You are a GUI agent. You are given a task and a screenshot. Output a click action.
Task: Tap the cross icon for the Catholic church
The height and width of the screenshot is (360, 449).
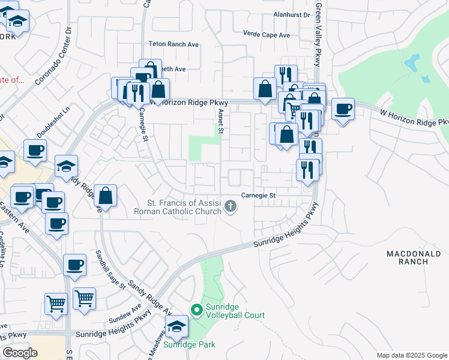pyautogui.click(x=230, y=208)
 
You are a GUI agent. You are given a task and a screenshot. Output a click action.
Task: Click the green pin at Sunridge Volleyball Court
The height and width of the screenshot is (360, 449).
pyautogui.click(x=196, y=310)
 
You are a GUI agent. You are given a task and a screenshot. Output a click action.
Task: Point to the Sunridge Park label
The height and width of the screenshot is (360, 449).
pyautogui.click(x=189, y=344)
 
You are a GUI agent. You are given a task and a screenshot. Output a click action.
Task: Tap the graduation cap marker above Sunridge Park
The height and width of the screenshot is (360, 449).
pyautogui.click(x=177, y=327)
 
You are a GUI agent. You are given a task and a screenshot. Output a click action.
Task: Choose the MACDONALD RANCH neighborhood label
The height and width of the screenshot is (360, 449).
pyautogui.click(x=414, y=259)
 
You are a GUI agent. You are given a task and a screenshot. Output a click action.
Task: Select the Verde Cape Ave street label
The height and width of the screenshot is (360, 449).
pyautogui.click(x=266, y=35)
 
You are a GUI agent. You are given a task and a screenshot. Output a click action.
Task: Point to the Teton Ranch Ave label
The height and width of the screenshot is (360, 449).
pyautogui.click(x=173, y=44)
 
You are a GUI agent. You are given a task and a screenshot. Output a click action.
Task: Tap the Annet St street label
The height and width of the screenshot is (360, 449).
pyautogui.click(x=221, y=120)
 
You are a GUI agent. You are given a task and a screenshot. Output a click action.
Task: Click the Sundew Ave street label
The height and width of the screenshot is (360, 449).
pyautogui.click(x=128, y=312)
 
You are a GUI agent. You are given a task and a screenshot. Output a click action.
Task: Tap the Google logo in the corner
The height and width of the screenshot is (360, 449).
pyautogui.click(x=20, y=352)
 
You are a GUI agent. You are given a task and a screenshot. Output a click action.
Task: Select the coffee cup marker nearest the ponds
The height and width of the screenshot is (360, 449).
pyautogui.click(x=343, y=110)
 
